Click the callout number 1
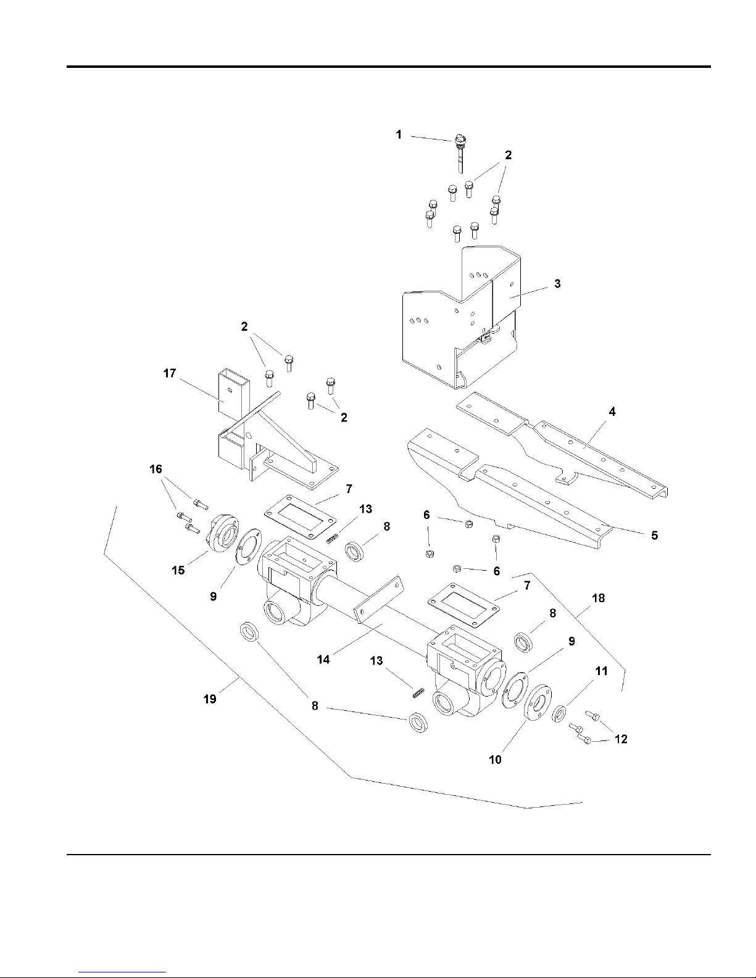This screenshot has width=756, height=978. pyautogui.click(x=399, y=135)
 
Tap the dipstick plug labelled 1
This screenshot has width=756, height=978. pyautogui.click(x=460, y=153)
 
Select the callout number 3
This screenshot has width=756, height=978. pyautogui.click(x=557, y=284)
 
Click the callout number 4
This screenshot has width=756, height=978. pyautogui.click(x=612, y=412)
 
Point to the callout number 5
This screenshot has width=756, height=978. pyautogui.click(x=654, y=535)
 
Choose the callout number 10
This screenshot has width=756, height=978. pyautogui.click(x=495, y=760)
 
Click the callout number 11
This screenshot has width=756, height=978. pyautogui.click(x=601, y=671)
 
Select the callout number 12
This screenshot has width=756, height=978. pyautogui.click(x=621, y=739)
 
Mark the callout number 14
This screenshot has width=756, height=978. pyautogui.click(x=323, y=660)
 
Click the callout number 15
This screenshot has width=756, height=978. pyautogui.click(x=178, y=570)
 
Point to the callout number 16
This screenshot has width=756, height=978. pyautogui.click(x=156, y=469)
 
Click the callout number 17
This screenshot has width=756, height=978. pyautogui.click(x=170, y=373)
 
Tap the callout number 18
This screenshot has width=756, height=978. pyautogui.click(x=598, y=598)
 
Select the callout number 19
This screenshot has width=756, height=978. pyautogui.click(x=210, y=699)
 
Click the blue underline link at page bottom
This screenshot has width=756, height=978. pyautogui.click(x=122, y=972)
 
